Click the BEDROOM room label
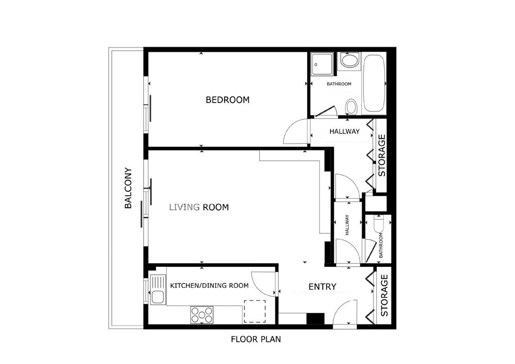227,100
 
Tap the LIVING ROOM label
199,207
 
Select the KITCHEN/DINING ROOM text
209,285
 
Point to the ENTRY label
322,287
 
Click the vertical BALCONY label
128,188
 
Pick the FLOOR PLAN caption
256,339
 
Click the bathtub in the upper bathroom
374,83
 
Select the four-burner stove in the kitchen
202,315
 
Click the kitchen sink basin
158,297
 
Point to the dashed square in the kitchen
255,311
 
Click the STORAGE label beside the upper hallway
382,155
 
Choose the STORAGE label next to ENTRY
384,295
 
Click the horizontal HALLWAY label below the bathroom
344,131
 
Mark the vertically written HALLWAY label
347,225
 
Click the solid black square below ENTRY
315,319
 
